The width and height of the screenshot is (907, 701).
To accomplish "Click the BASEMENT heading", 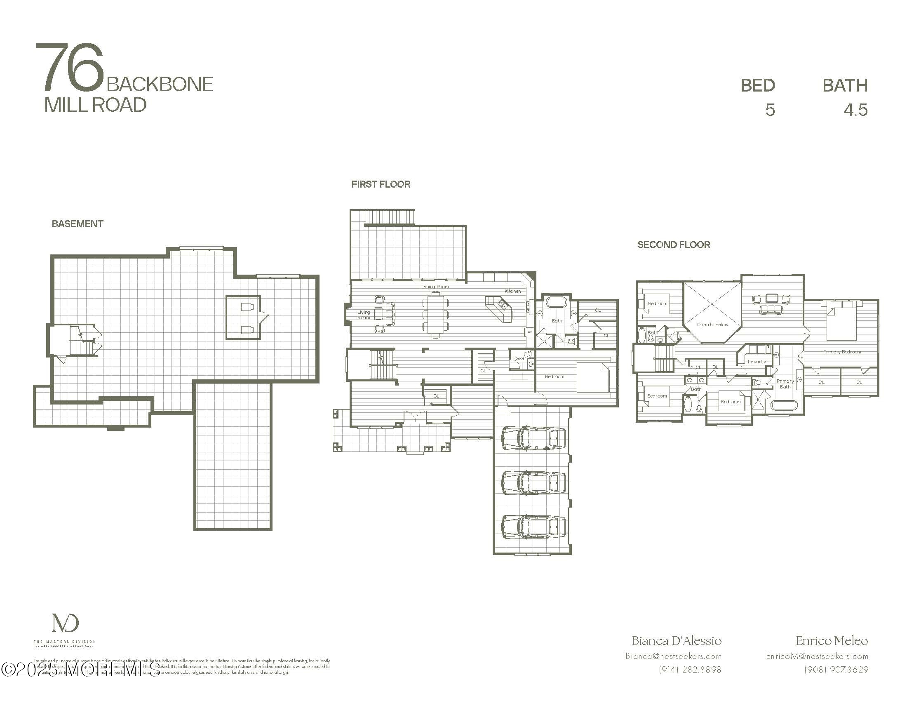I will [77, 224].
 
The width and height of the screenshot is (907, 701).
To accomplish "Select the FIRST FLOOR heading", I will [381, 184].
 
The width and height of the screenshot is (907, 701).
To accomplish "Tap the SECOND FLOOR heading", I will [674, 245].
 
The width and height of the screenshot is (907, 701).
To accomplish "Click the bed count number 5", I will [770, 110].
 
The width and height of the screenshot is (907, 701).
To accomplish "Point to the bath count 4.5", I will [855, 110].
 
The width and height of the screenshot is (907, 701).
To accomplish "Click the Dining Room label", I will [435, 287].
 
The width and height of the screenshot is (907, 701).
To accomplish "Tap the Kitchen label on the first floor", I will [512, 291].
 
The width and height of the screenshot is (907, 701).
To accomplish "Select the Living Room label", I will [363, 315].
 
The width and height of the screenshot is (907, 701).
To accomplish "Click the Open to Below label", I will [712, 325].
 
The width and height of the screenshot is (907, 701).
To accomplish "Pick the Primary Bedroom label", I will [842, 352].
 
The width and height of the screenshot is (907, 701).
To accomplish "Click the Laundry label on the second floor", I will [756, 362].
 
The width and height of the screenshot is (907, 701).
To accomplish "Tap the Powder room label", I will [519, 358].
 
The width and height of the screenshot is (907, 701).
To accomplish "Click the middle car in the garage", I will [533, 482].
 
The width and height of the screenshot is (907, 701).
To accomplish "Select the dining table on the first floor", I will [436, 314].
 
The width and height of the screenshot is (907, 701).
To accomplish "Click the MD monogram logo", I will [65, 623].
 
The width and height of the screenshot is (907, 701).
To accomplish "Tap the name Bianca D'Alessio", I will [677, 641].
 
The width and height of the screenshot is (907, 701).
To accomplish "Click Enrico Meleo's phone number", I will [836, 670].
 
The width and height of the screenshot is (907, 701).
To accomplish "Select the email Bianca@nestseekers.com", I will [673, 656].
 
